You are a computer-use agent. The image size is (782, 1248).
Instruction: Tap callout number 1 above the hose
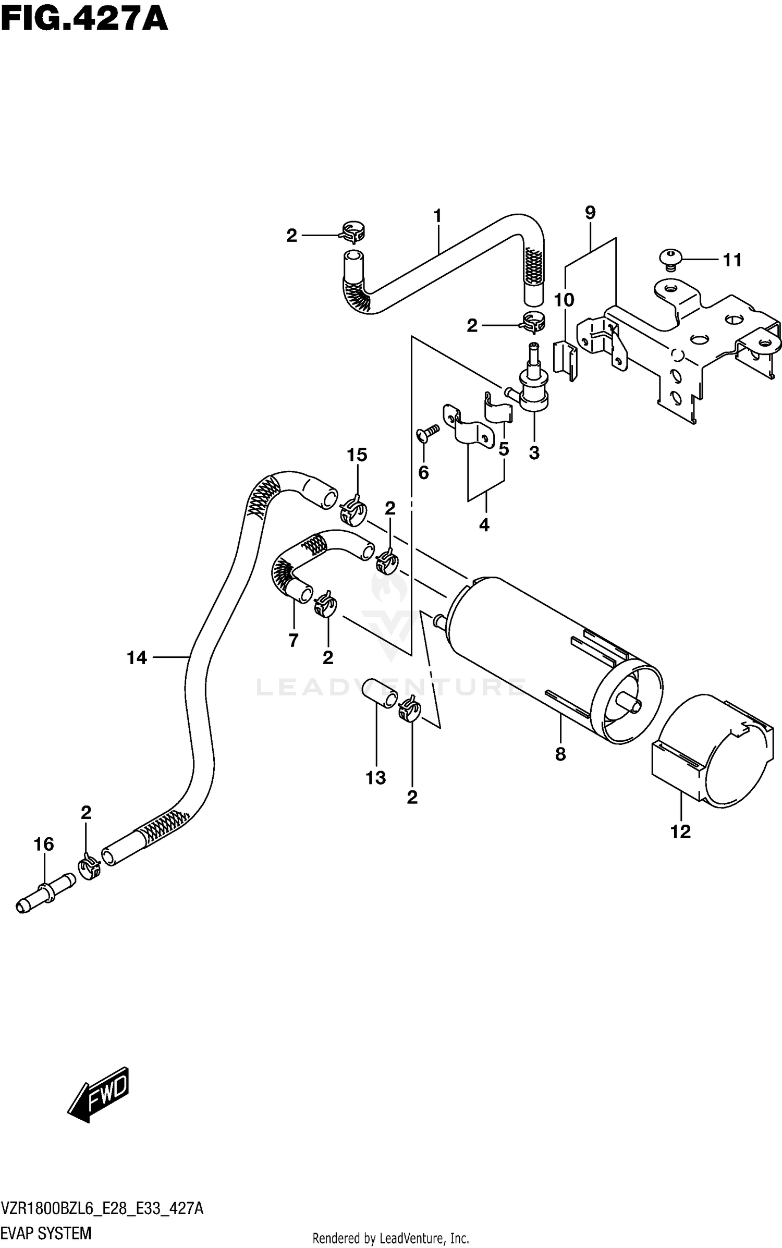[x=437, y=215]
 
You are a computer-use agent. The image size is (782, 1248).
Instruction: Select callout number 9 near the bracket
[x=590, y=213]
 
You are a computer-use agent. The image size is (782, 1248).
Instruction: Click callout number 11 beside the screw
[x=732, y=260]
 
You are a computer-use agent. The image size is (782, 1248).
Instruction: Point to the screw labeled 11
[x=671, y=259]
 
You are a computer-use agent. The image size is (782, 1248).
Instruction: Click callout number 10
[x=564, y=300]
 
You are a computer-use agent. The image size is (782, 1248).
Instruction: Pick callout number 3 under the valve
[x=534, y=452]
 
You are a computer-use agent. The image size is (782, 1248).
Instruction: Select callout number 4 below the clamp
[x=484, y=525]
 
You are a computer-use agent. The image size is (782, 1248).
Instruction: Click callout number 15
[x=357, y=455]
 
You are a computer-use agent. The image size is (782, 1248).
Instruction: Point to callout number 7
[x=294, y=640]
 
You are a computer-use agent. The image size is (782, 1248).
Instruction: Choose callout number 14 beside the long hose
[x=137, y=658]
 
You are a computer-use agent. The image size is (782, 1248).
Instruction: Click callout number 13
[x=375, y=778]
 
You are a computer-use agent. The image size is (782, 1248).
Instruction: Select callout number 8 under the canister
[x=560, y=754]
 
